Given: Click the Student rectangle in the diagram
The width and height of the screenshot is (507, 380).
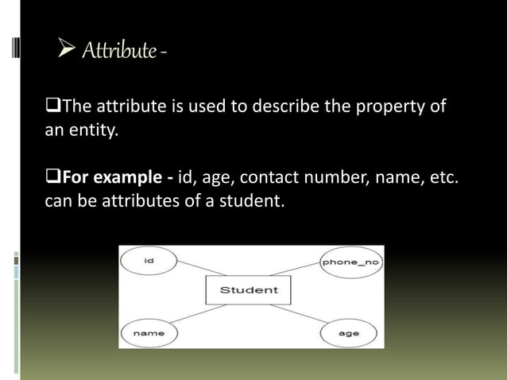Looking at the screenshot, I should point(249,290).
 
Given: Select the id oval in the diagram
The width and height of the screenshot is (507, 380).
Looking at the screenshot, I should point(149,261).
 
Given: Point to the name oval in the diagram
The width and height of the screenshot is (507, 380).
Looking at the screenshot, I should point(149,334).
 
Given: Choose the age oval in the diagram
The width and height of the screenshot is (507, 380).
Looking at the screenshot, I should point(348,334).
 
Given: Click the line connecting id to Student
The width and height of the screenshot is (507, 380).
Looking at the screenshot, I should point(191,270).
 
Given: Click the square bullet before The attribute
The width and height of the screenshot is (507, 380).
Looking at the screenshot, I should point(54,106).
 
